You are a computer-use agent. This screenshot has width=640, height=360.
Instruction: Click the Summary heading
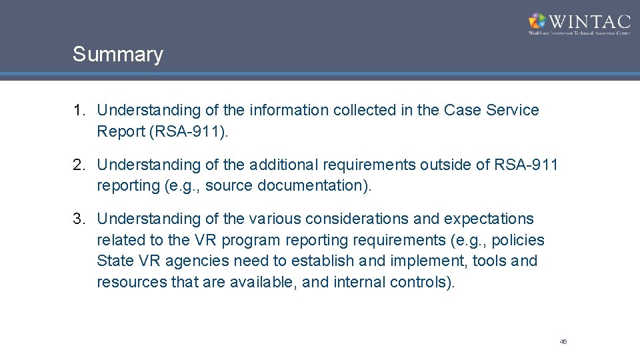click(x=117, y=55)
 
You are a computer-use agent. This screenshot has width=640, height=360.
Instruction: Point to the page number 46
click(x=563, y=341)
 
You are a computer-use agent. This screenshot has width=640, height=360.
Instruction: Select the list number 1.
click(x=79, y=110)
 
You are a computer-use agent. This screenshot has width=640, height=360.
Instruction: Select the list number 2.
click(x=79, y=165)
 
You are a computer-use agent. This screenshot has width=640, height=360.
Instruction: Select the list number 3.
click(x=79, y=219)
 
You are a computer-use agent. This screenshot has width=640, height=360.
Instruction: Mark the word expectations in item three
click(x=489, y=219)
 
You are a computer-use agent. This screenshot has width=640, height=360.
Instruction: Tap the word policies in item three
click(x=518, y=240)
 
